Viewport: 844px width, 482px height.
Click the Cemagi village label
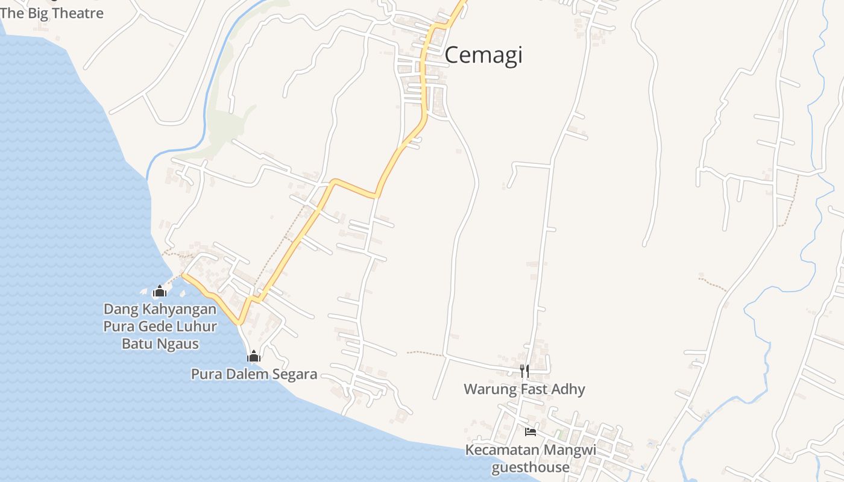[x=483, y=55]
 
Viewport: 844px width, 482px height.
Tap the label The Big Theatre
[x=52, y=13]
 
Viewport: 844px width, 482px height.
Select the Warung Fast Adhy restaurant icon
[x=524, y=371]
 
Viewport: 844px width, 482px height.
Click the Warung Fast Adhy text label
[x=524, y=389]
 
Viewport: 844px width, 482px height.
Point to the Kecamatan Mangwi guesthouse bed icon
[x=531, y=431]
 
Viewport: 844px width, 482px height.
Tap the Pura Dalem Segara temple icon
[x=254, y=357]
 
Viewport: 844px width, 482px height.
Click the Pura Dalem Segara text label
[x=254, y=374]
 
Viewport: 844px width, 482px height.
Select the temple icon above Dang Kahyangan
[x=159, y=292]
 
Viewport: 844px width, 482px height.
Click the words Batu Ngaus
[x=160, y=344]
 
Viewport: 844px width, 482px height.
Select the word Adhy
[x=570, y=389]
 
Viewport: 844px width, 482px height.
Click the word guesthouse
[x=531, y=468]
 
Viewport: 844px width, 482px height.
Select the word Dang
[x=120, y=309]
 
